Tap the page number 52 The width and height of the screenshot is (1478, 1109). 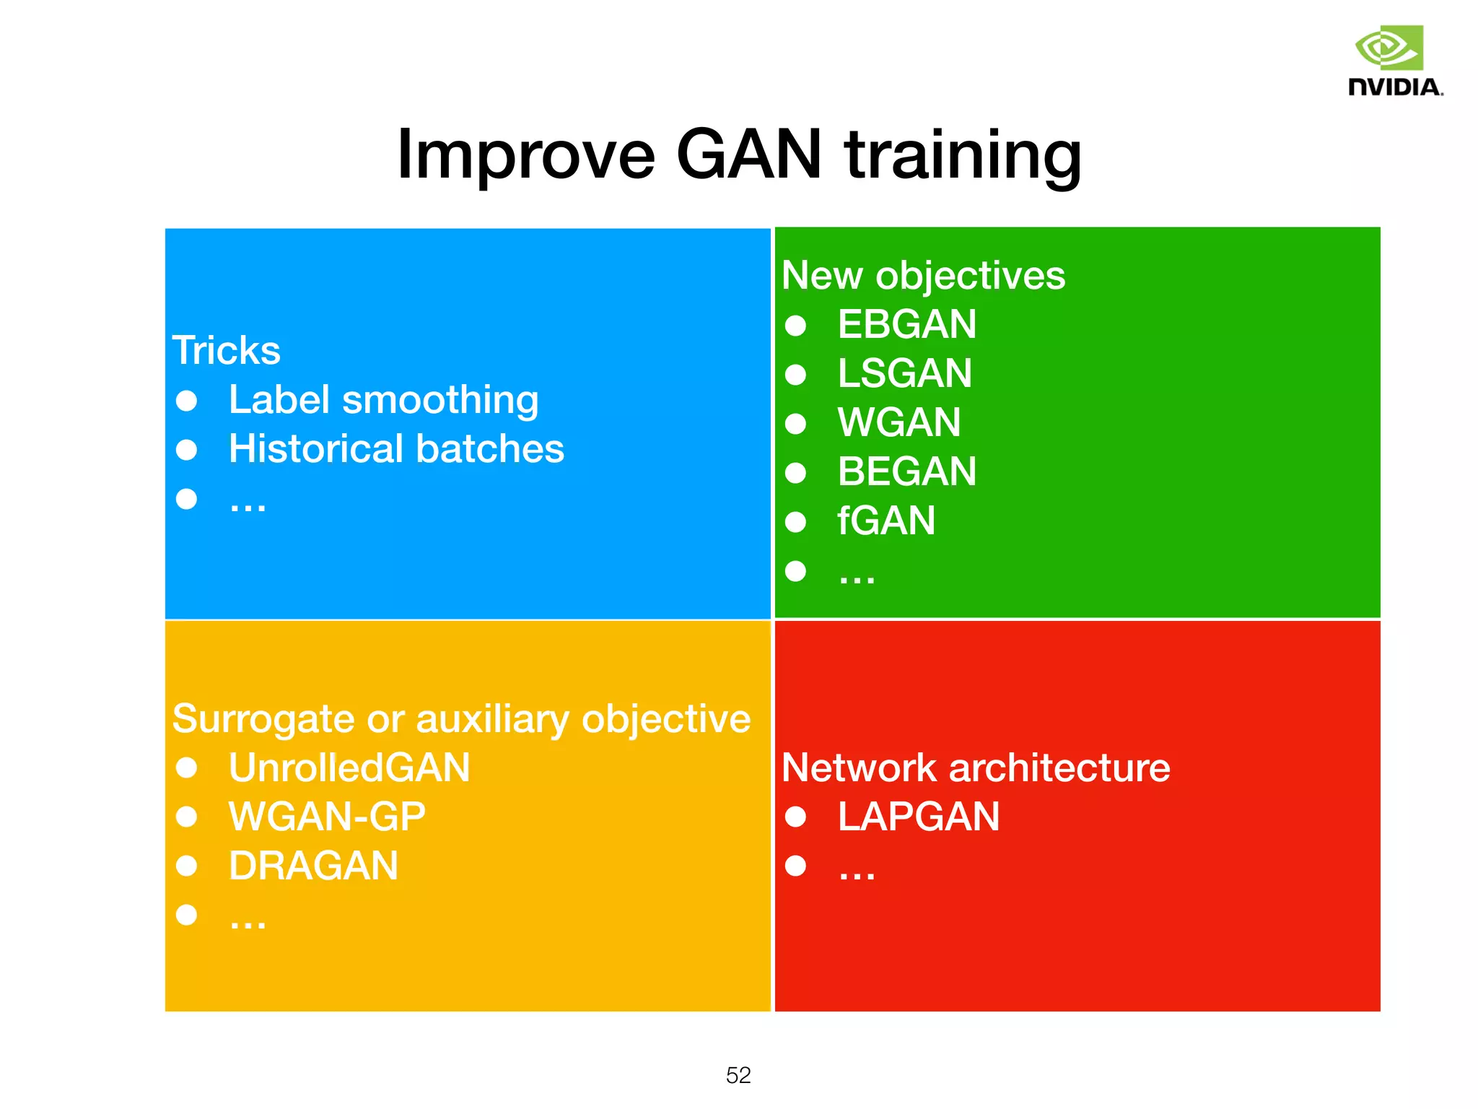(x=738, y=1075)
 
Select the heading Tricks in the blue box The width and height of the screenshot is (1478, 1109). (x=226, y=351)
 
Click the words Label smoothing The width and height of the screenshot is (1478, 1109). (x=383, y=400)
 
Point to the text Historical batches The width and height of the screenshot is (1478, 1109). (x=396, y=449)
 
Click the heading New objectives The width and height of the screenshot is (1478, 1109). (x=923, y=276)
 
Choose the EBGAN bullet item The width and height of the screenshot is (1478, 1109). (x=906, y=324)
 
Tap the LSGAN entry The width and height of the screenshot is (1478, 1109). (x=904, y=373)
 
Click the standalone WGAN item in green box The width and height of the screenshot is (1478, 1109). (x=899, y=422)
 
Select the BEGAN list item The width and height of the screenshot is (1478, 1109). (x=906, y=472)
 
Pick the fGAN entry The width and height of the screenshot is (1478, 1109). (x=886, y=521)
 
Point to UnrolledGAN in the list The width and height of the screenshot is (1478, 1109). (x=349, y=767)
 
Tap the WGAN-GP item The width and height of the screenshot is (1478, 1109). (x=327, y=817)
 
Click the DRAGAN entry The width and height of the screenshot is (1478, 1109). (x=313, y=866)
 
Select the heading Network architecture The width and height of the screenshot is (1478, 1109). (x=976, y=767)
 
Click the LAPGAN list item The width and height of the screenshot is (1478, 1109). (x=918, y=817)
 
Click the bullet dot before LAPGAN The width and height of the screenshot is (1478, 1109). (x=795, y=817)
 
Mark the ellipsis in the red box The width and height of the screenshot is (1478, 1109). (x=857, y=874)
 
